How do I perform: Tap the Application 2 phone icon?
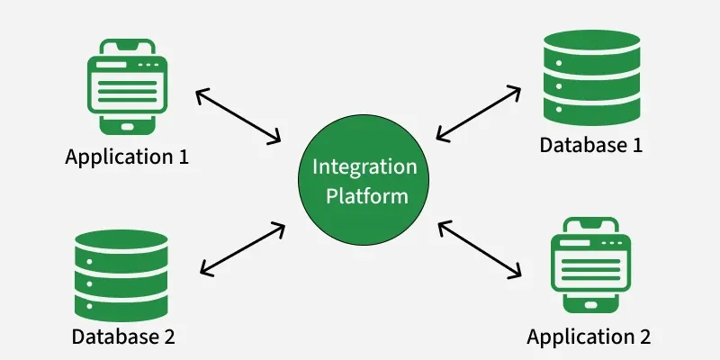click(x=589, y=266)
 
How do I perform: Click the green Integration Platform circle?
click(x=364, y=182)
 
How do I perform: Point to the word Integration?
click(x=364, y=167)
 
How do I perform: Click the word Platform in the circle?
click(x=364, y=195)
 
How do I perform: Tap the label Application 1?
click(x=127, y=156)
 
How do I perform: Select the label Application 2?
click(x=589, y=337)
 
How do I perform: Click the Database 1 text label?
click(x=590, y=144)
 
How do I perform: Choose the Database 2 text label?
click(x=123, y=337)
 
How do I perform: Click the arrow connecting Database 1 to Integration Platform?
click(x=478, y=113)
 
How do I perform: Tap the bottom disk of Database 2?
click(x=121, y=301)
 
